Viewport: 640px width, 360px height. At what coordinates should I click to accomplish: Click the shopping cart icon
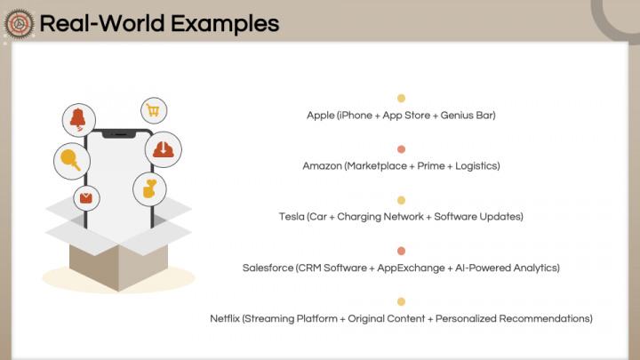(153, 111)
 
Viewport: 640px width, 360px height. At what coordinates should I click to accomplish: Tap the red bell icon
(77, 119)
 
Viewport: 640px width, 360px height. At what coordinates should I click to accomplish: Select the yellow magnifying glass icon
(69, 159)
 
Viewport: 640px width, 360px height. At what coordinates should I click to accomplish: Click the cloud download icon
(164, 148)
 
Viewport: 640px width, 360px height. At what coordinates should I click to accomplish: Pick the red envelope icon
(86, 197)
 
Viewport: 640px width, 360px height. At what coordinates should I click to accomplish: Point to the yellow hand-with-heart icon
(149, 188)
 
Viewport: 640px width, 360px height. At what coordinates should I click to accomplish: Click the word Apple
(320, 116)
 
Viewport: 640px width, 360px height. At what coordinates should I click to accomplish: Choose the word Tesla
(291, 217)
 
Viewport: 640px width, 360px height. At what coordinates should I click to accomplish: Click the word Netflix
(224, 318)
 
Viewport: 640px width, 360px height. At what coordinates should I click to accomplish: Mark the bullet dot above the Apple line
(402, 99)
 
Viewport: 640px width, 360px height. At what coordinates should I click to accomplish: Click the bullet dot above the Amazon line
(402, 149)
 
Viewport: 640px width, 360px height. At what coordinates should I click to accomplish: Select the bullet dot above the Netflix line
(402, 301)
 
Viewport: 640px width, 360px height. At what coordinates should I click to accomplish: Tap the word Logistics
(476, 166)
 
